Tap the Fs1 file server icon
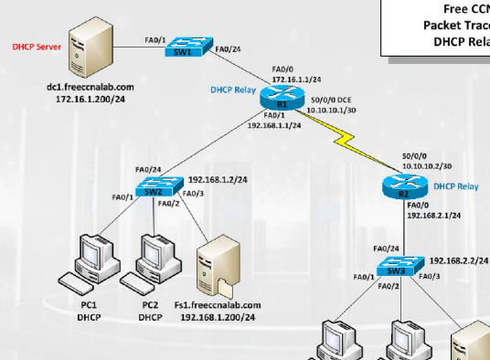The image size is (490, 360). point(220,261)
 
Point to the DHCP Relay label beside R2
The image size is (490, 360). point(456,186)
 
